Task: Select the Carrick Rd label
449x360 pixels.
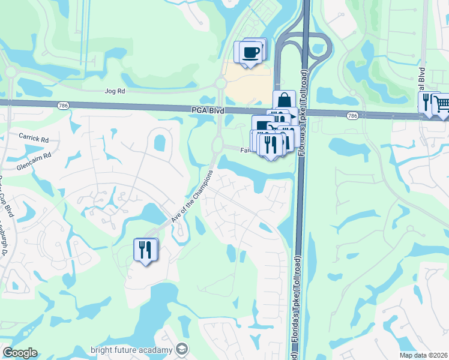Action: (33, 138)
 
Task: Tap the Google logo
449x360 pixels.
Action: (20, 353)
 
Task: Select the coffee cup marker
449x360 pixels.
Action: (251, 52)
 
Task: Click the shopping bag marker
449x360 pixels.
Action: (284, 100)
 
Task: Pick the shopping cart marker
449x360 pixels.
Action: (441, 104)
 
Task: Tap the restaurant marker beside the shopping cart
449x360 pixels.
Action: (426, 101)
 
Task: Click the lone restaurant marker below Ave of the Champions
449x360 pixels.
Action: (144, 250)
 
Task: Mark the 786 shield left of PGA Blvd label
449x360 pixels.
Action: (63, 106)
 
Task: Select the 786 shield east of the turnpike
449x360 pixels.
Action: (352, 115)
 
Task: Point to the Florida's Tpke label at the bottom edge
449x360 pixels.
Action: (295, 327)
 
